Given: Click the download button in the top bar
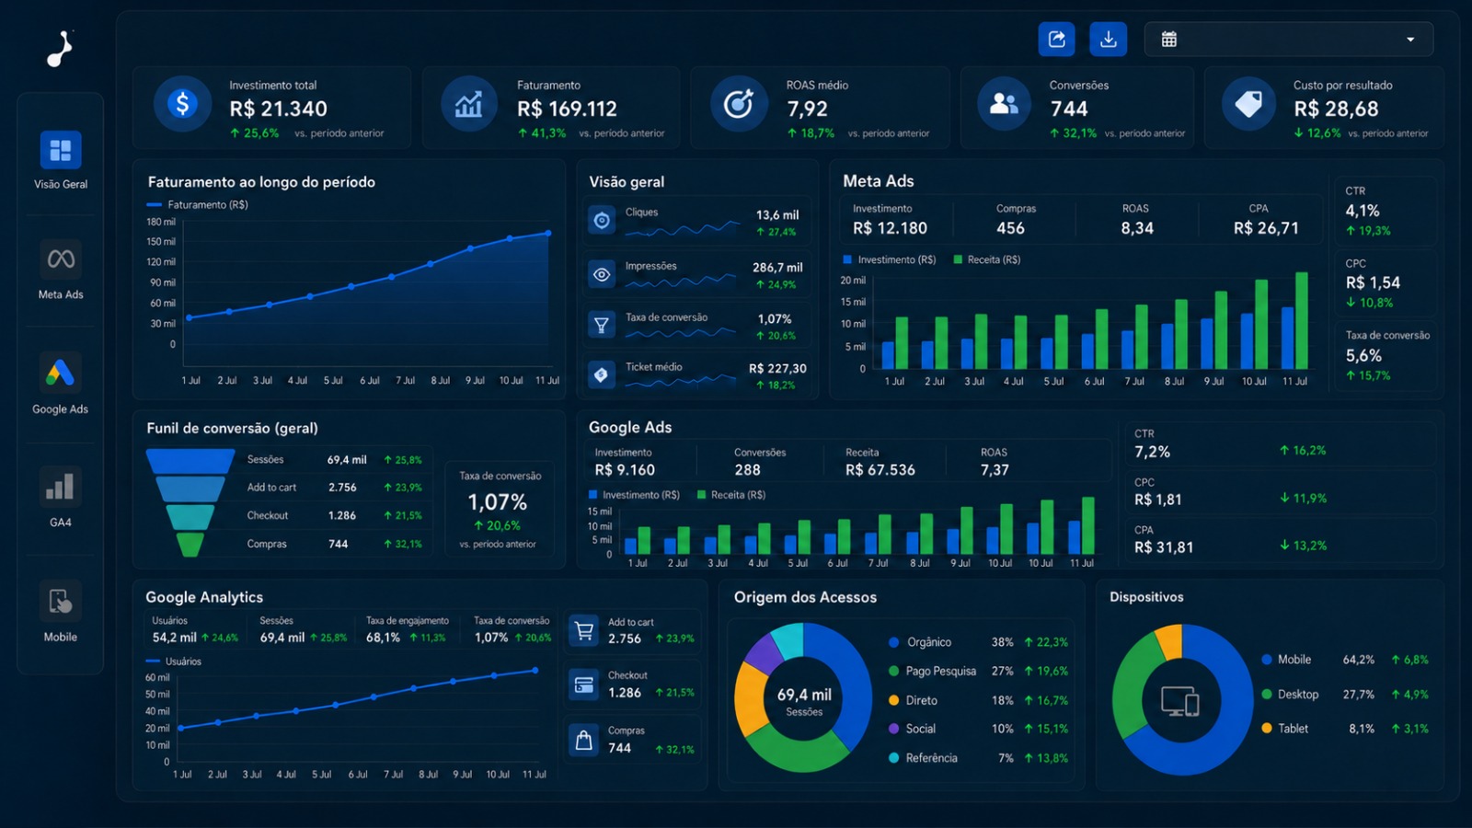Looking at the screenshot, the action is (x=1108, y=40).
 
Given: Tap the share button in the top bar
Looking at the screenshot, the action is (x=1057, y=40).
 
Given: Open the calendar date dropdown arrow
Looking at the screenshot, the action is (x=1410, y=40).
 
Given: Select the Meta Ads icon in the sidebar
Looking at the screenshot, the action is (x=61, y=259).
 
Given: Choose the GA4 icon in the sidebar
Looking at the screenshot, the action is (x=61, y=487).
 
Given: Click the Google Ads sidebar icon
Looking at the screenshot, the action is (x=61, y=373).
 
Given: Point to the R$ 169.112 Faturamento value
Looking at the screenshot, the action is (x=567, y=109).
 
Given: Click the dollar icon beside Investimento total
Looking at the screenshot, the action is (x=183, y=104).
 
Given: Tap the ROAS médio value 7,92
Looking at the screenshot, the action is (x=808, y=109).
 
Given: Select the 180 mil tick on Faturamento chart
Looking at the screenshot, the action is (x=161, y=222).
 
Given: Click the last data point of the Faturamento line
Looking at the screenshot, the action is (x=548, y=234).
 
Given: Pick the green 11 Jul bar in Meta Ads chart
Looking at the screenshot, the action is (x=1301, y=320).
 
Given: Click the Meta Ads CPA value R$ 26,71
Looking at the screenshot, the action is (x=1266, y=228).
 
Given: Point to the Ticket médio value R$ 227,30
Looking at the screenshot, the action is (x=777, y=369).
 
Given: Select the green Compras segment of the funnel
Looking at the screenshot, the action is (x=190, y=544).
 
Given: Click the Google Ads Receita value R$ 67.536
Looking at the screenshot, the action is (x=880, y=470).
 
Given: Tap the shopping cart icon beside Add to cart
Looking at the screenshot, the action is (x=583, y=631).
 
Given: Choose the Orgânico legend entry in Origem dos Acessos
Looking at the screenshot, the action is (x=919, y=642).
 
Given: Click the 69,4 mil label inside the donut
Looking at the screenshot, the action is (x=804, y=695).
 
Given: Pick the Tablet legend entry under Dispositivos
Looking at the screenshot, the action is (x=1284, y=728).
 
